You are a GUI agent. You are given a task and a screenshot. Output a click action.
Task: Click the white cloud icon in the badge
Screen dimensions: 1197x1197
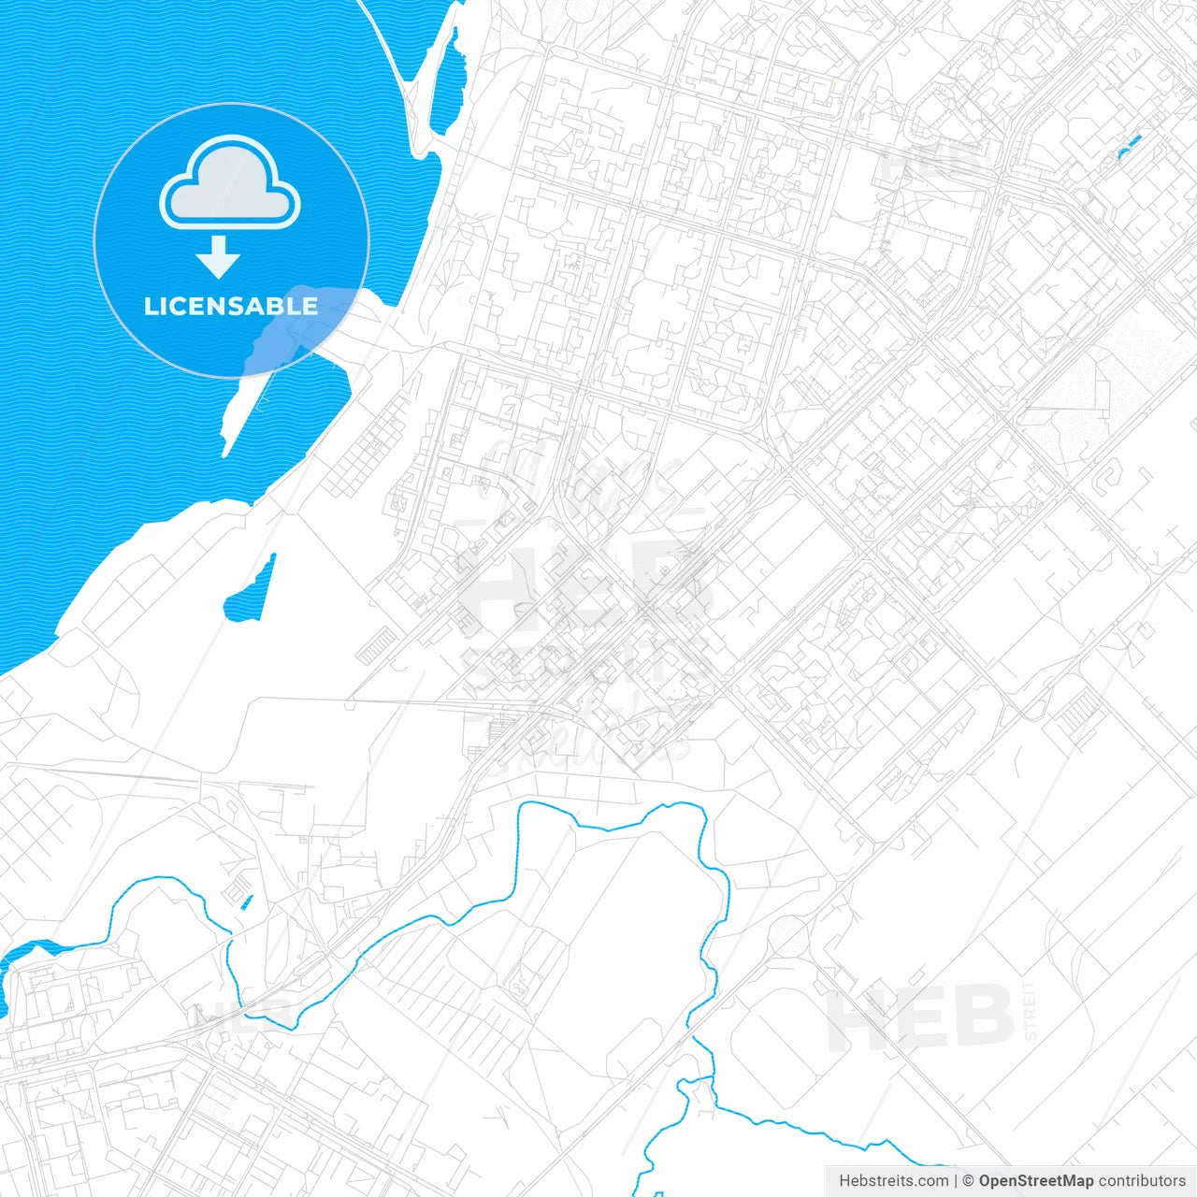coord(230,183)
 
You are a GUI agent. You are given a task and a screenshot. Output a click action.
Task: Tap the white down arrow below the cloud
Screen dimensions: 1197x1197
coord(218,257)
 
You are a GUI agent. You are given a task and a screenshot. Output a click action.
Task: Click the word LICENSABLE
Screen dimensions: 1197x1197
coord(230,306)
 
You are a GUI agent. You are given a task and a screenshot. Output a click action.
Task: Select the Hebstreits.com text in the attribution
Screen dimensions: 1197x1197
coord(893,1181)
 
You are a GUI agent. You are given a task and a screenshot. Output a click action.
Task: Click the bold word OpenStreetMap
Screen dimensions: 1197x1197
coord(1035,1181)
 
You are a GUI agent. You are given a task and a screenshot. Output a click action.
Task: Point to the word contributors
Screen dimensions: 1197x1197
coord(1142,1181)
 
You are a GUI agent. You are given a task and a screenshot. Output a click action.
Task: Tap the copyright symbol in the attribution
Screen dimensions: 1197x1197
coord(968,1181)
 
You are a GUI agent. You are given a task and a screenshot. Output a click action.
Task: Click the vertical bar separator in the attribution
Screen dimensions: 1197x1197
coord(956,1181)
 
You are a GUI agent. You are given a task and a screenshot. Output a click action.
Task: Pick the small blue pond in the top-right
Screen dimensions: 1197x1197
coord(1129,146)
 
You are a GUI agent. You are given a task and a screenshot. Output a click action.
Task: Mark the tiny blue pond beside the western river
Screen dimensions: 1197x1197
coord(247,902)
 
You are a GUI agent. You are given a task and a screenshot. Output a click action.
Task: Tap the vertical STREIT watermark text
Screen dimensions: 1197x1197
coord(1031,1011)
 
